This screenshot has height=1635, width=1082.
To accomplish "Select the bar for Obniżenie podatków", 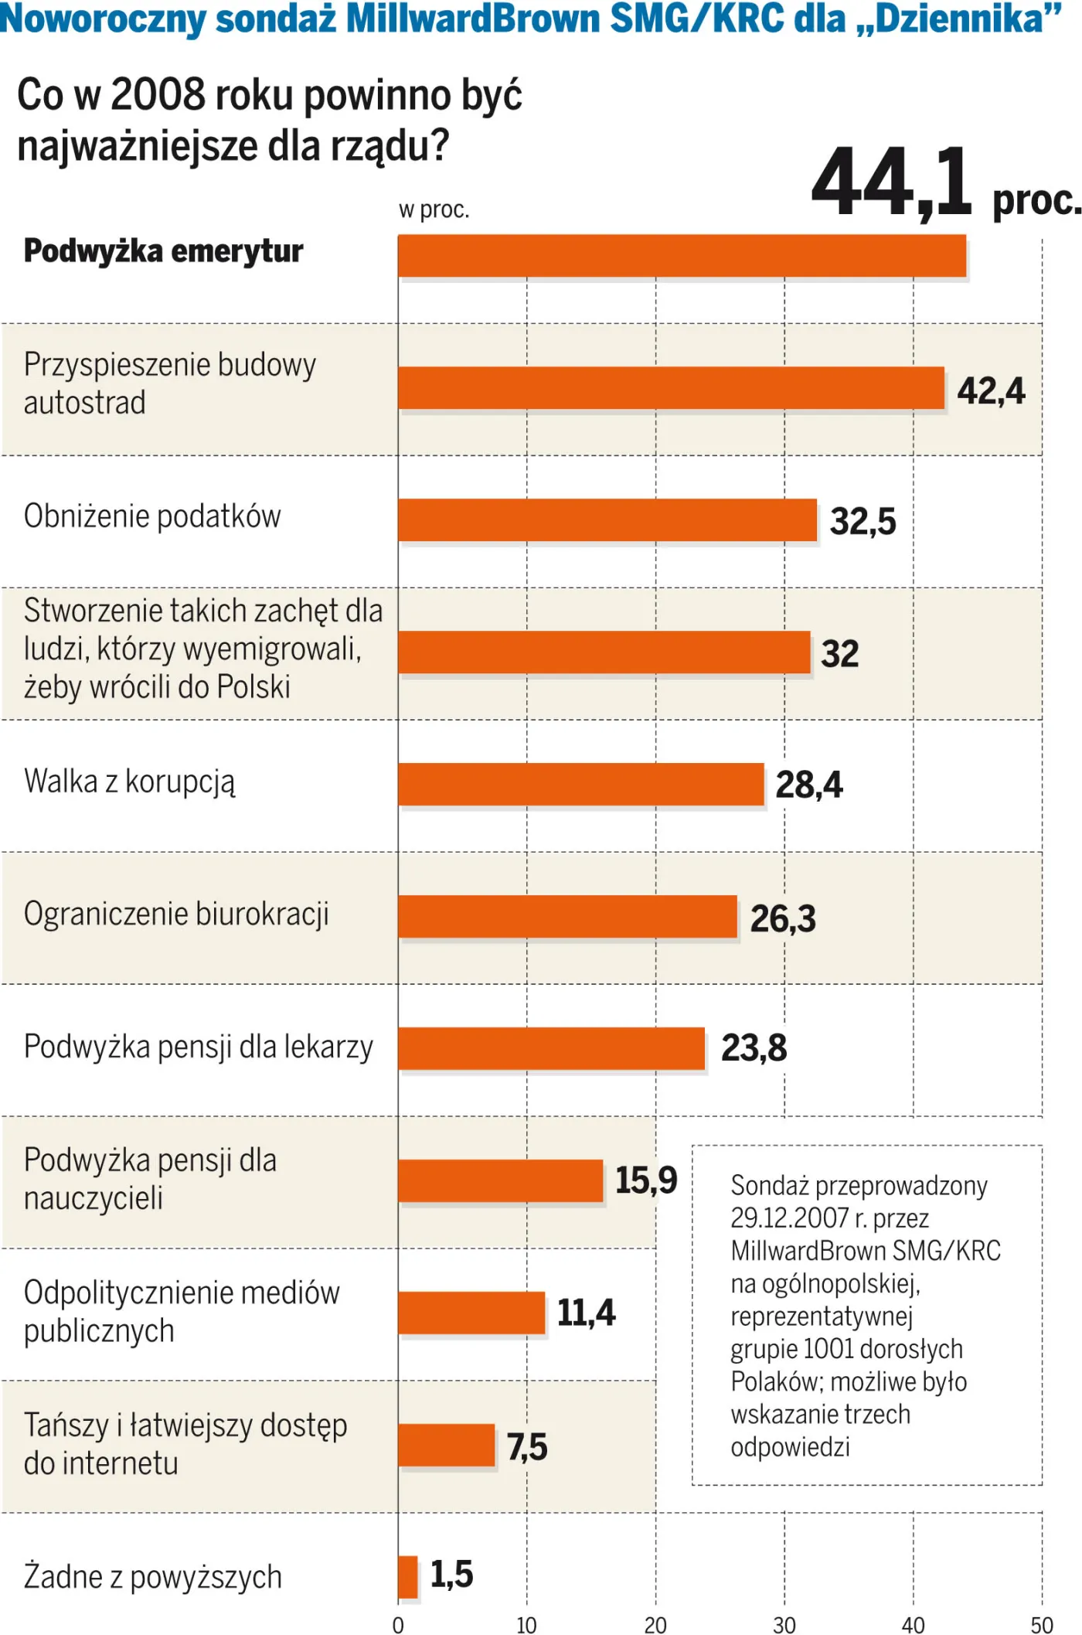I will [607, 519].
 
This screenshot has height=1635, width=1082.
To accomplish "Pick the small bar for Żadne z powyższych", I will [408, 1576].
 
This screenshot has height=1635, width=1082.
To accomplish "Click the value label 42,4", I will [991, 390].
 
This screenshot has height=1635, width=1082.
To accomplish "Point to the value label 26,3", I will [783, 918].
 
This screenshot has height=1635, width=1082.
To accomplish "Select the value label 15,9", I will [646, 1180].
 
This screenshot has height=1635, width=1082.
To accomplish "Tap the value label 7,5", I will [527, 1446].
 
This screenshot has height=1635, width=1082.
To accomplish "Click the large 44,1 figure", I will [891, 183].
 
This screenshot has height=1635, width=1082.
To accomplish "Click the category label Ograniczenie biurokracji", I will [176, 914].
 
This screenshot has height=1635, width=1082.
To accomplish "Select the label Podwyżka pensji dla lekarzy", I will [199, 1047].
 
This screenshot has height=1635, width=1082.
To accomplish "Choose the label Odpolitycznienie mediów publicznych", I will [182, 1311].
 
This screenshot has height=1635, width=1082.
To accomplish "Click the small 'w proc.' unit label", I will [434, 209].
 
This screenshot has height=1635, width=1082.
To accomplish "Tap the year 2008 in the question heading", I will [158, 95].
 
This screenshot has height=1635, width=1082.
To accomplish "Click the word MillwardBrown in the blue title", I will [472, 19].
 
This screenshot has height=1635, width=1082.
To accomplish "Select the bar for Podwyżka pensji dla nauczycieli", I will [500, 1180].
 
